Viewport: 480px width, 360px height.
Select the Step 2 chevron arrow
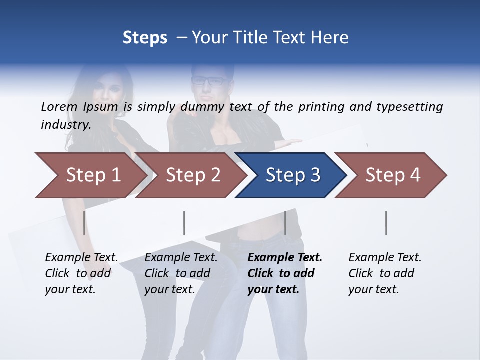192,175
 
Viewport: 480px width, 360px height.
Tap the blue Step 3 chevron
292,175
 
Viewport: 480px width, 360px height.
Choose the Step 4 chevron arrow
392,175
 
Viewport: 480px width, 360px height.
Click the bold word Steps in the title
145,37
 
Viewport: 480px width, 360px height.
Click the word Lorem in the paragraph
59,106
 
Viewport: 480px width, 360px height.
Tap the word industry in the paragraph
66,124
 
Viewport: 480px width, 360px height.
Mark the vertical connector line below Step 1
84,223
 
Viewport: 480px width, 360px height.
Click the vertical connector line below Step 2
184,223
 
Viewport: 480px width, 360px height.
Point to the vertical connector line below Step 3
285,223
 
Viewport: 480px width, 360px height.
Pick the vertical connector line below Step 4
386,223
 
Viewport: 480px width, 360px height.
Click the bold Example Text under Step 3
285,257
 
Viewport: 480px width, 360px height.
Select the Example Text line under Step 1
81,257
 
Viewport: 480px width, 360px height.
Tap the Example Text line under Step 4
385,257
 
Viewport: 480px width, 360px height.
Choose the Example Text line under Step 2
181,257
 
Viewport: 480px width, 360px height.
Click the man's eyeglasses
208,80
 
